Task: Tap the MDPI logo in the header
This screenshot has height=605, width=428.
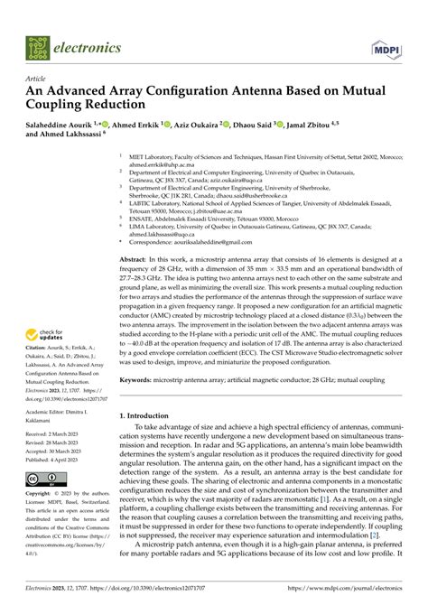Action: coord(384,46)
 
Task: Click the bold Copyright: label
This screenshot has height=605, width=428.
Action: coord(40,494)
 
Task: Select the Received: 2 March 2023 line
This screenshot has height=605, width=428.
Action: coord(53,434)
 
